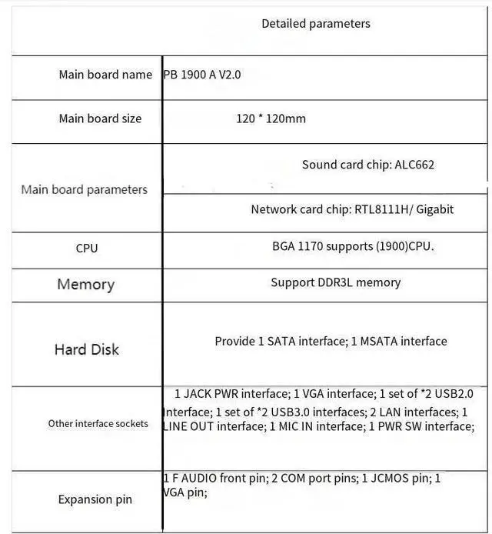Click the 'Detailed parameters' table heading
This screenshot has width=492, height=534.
[x=315, y=24]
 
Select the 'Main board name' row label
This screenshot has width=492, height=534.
[x=105, y=75]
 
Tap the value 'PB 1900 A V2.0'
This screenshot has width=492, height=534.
[x=202, y=75]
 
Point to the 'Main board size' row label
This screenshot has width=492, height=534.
[x=100, y=118]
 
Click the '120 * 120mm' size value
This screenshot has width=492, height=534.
[x=271, y=118]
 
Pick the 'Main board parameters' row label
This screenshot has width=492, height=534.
[x=84, y=189]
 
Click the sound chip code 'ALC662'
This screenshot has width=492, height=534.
[x=416, y=165]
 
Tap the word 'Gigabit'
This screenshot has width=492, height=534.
[x=435, y=209]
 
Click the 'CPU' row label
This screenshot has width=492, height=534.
[x=87, y=249]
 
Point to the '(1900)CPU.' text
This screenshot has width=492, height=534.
[x=406, y=247]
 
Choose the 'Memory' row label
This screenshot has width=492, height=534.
[x=85, y=285]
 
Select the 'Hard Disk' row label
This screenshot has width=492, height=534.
[x=86, y=349]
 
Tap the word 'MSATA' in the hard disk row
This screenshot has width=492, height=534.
[x=380, y=341]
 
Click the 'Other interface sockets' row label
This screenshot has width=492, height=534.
[x=98, y=423]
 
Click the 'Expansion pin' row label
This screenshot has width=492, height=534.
[x=95, y=499]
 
